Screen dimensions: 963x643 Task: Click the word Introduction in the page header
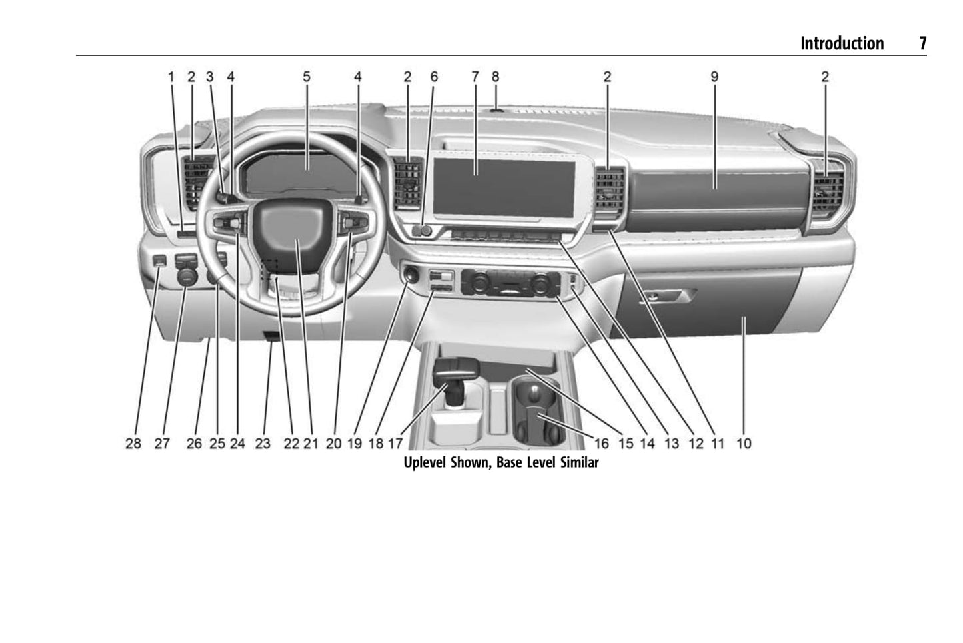point(842,43)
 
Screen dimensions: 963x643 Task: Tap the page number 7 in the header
point(922,43)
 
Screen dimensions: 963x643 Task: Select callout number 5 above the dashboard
point(306,77)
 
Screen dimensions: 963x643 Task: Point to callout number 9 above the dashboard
point(714,77)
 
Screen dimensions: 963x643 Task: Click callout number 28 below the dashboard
point(133,443)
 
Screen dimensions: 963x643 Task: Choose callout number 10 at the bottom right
point(744,443)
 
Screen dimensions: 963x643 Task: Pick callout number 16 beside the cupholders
point(601,443)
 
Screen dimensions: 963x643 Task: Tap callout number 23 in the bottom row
point(263,443)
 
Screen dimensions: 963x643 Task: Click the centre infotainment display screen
point(503,187)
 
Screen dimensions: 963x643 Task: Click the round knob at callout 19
point(409,275)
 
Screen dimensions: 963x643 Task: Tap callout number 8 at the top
point(495,77)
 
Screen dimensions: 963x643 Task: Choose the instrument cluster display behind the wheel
point(307,174)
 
